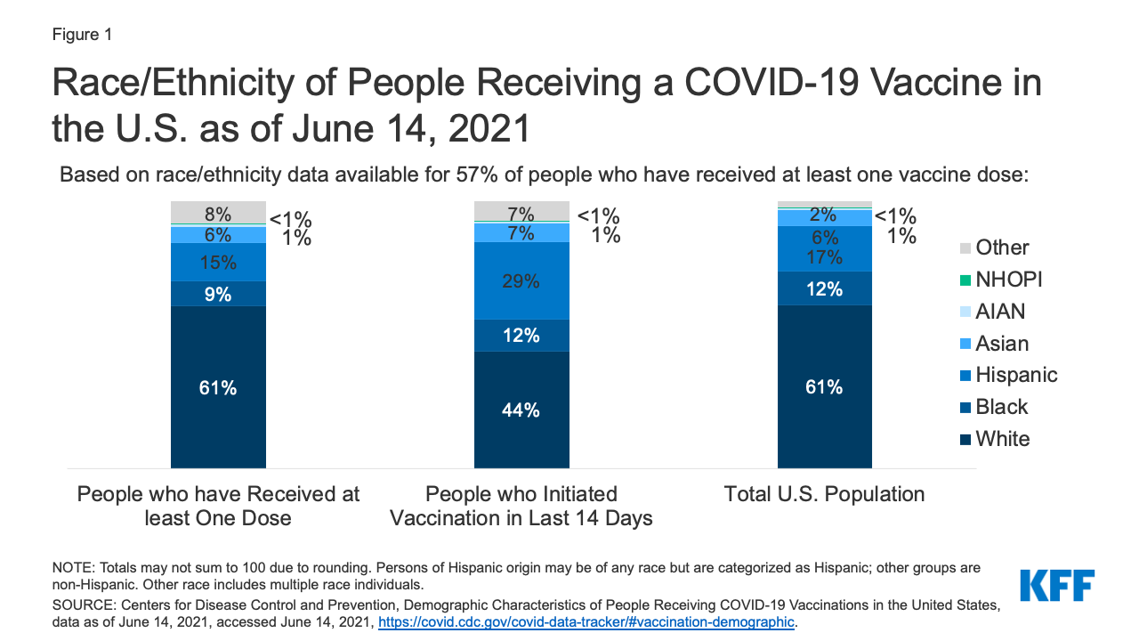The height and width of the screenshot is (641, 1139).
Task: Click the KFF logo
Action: pos(1057,585)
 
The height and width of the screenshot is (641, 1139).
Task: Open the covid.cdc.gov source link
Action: pos(586,622)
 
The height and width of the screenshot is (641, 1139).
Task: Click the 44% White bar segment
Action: pos(521,410)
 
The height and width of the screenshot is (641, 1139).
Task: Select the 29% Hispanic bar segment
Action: pos(521,280)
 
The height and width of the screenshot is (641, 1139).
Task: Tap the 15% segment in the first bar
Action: pos(218,263)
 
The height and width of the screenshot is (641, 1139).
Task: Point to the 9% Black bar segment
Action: pos(218,294)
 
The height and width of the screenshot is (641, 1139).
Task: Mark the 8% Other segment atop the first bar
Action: pos(218,213)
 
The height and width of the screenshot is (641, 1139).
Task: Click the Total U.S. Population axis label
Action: pos(824,494)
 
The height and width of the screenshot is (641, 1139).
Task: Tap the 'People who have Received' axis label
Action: pos(218,506)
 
